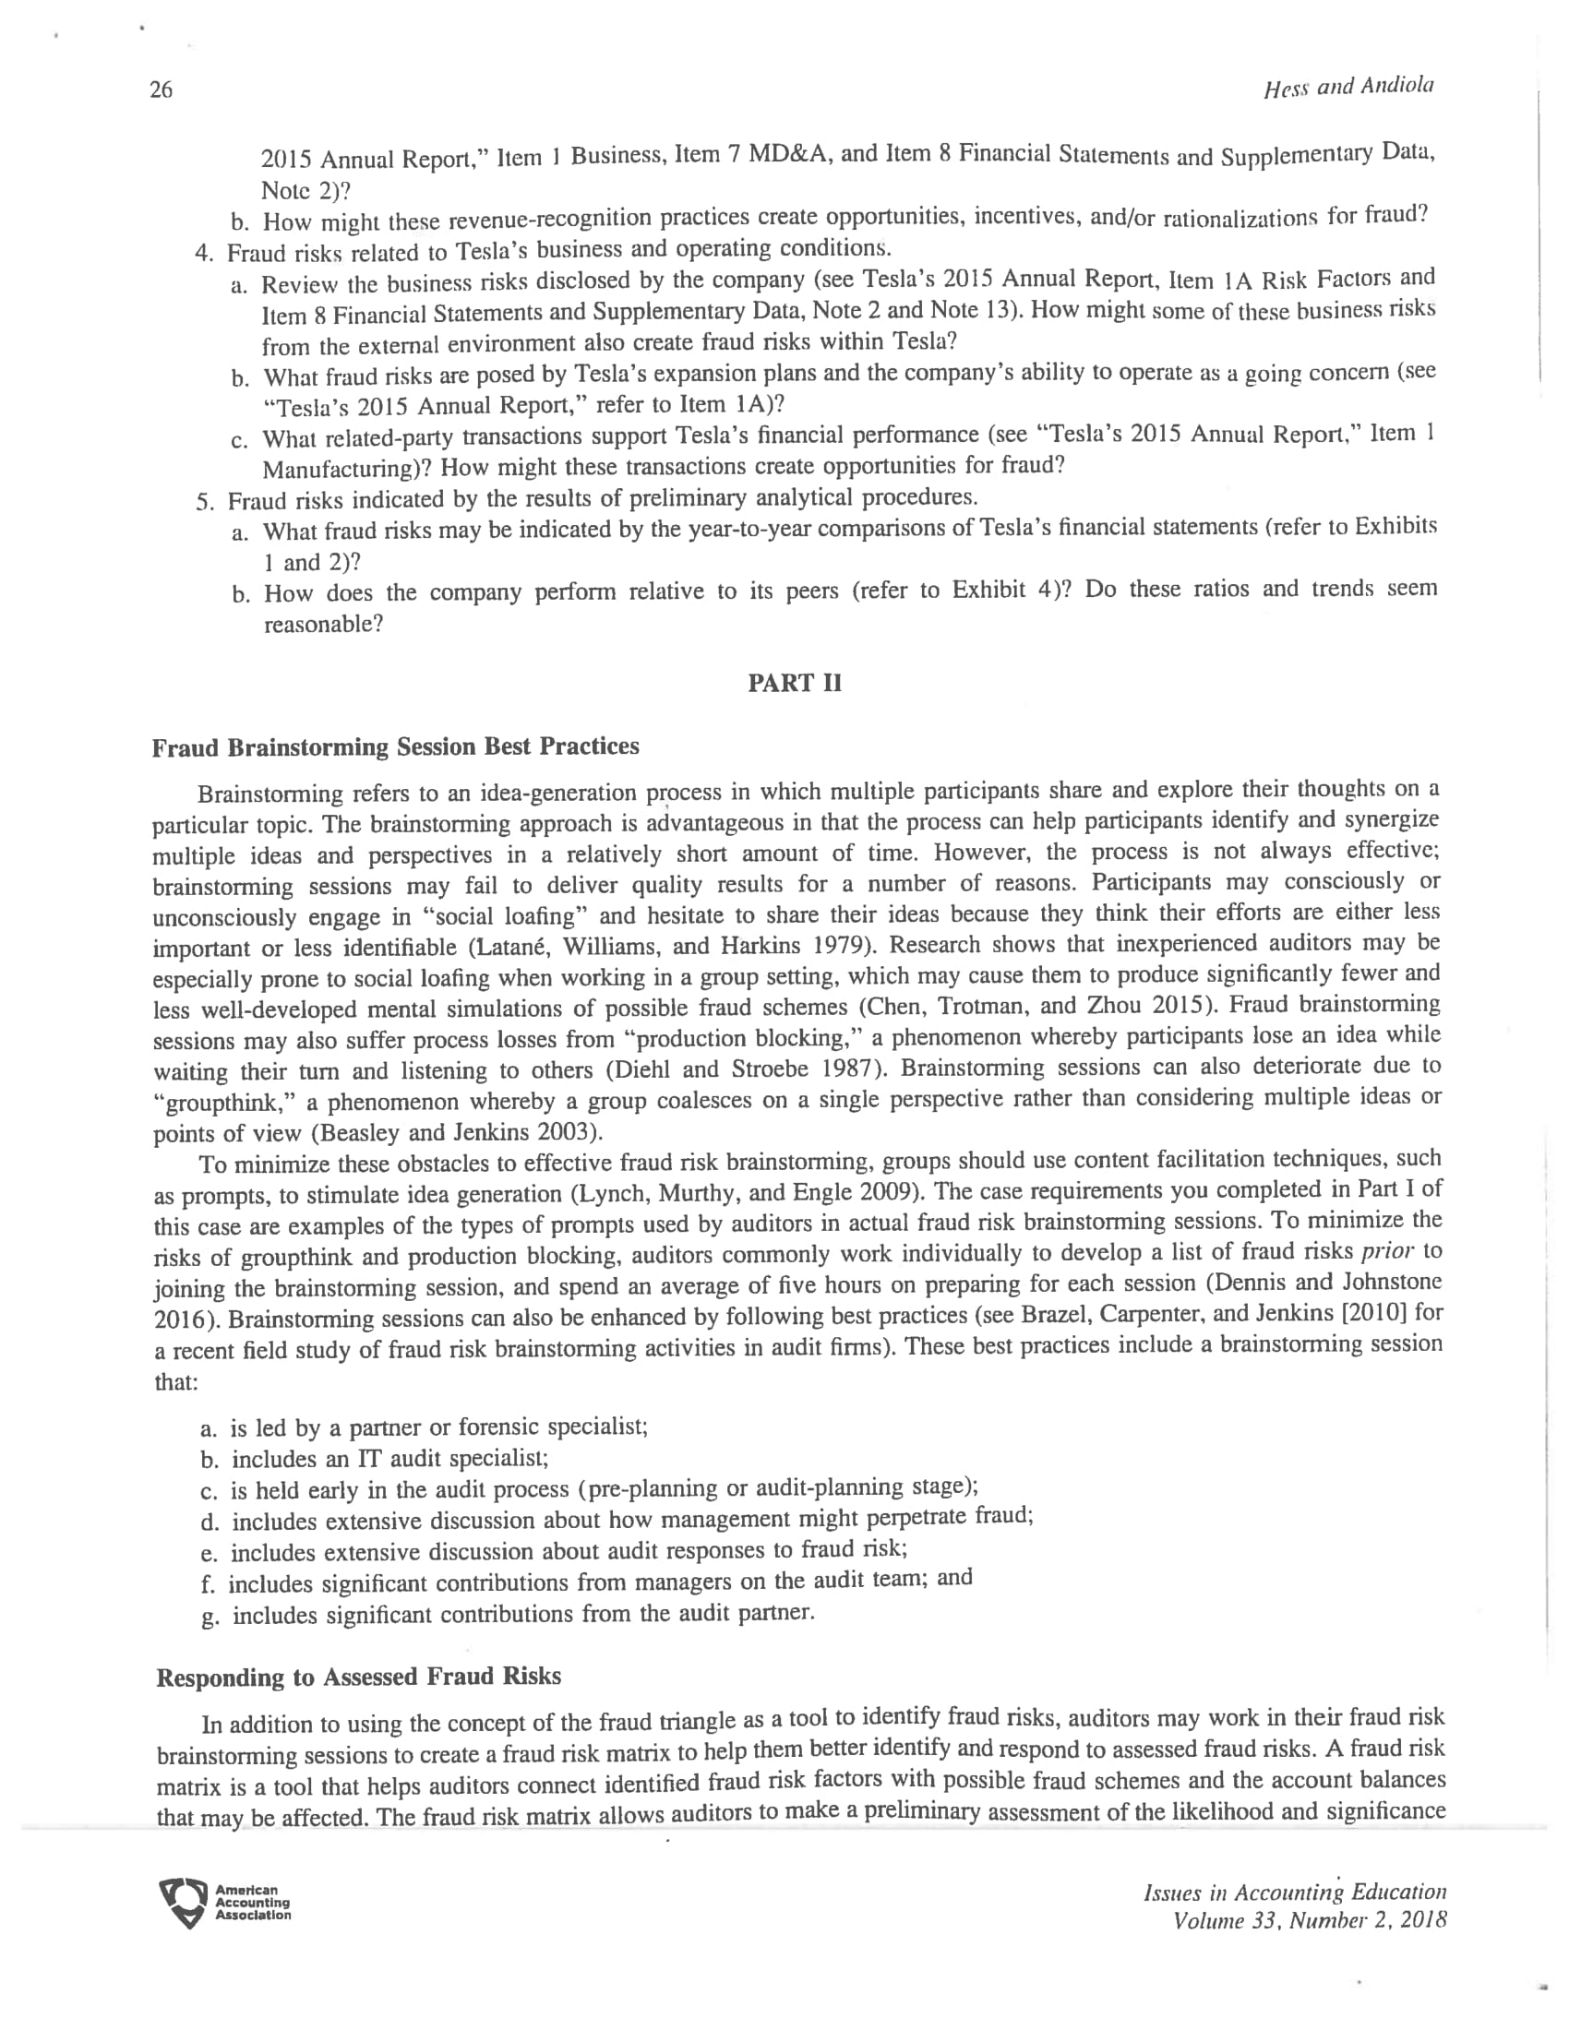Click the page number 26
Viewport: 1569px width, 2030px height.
pyautogui.click(x=161, y=90)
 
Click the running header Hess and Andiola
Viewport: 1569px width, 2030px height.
pyautogui.click(x=1347, y=88)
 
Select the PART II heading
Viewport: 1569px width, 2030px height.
pyautogui.click(x=795, y=683)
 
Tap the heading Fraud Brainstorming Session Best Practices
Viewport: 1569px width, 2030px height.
pyautogui.click(x=396, y=747)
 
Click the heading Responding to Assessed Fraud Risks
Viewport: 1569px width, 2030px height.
pyautogui.click(x=359, y=1677)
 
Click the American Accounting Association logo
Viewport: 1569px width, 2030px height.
pyautogui.click(x=225, y=1903)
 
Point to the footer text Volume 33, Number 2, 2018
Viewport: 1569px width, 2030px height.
pyautogui.click(x=1310, y=1920)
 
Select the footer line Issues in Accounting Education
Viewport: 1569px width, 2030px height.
pyautogui.click(x=1295, y=1893)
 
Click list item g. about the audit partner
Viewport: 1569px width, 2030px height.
pyautogui.click(x=508, y=1615)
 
